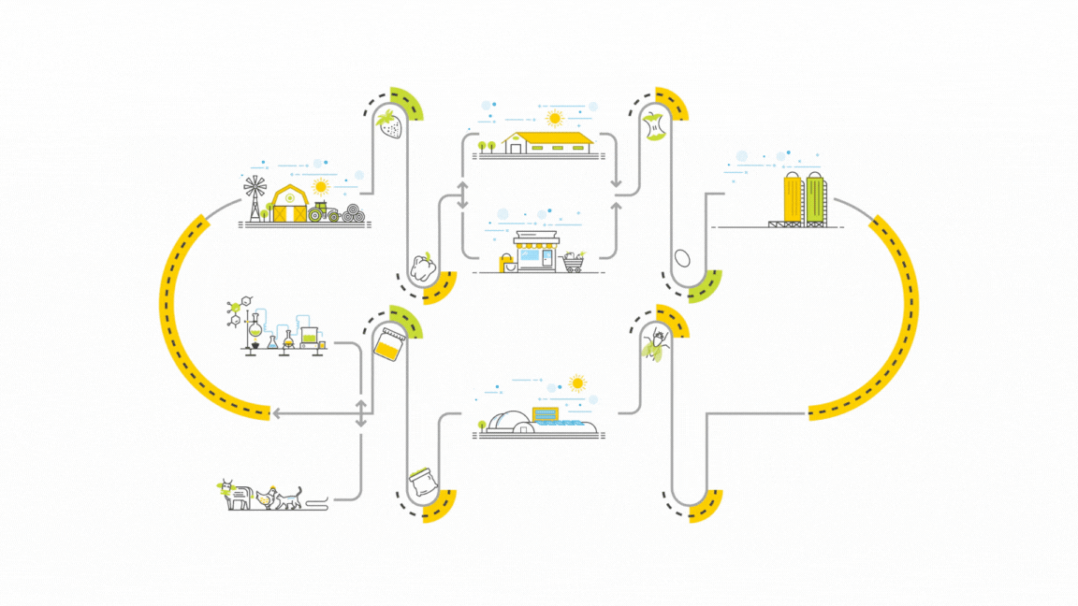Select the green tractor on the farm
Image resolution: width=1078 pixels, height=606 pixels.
tap(324, 211)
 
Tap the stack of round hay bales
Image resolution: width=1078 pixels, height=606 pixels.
tap(354, 213)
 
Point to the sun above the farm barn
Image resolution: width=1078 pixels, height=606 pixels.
tap(322, 185)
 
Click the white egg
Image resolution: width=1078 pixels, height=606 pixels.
tap(682, 257)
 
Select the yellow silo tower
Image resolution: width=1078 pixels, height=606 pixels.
tap(792, 198)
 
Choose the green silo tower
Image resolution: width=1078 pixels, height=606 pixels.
tap(815, 198)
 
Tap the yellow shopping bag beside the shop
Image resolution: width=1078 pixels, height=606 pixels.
tap(508, 265)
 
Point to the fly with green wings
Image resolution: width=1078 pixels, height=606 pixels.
tap(655, 347)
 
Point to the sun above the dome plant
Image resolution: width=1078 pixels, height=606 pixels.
tap(577, 382)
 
